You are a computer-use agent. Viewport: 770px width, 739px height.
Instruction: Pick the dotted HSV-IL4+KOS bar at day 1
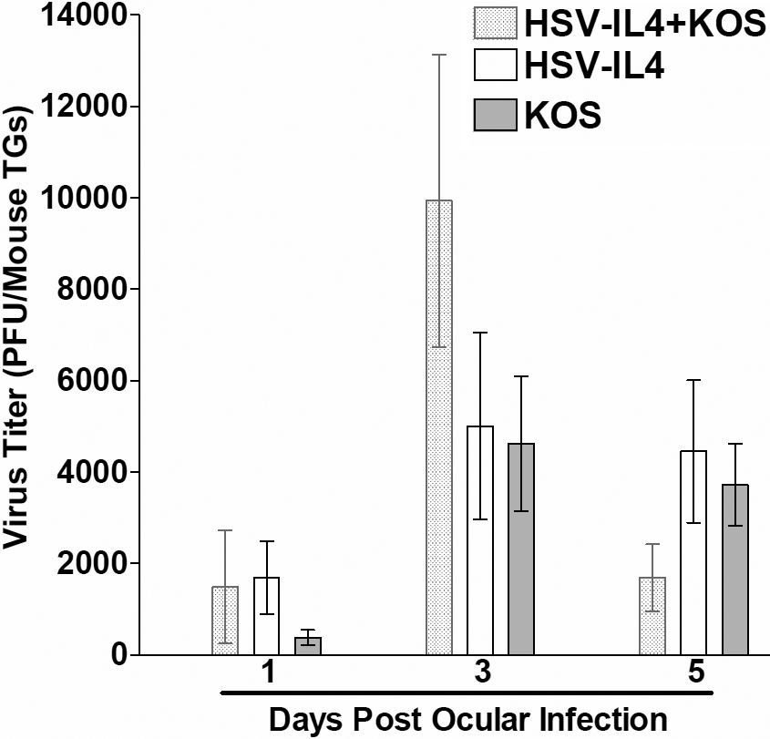click(225, 621)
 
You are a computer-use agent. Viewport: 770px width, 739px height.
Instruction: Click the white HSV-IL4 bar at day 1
click(266, 616)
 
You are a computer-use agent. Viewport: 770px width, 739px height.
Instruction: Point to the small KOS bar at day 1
click(308, 646)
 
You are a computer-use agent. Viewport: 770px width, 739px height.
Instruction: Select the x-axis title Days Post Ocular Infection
click(467, 718)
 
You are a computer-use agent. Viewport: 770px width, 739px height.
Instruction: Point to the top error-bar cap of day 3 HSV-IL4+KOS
click(438, 55)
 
